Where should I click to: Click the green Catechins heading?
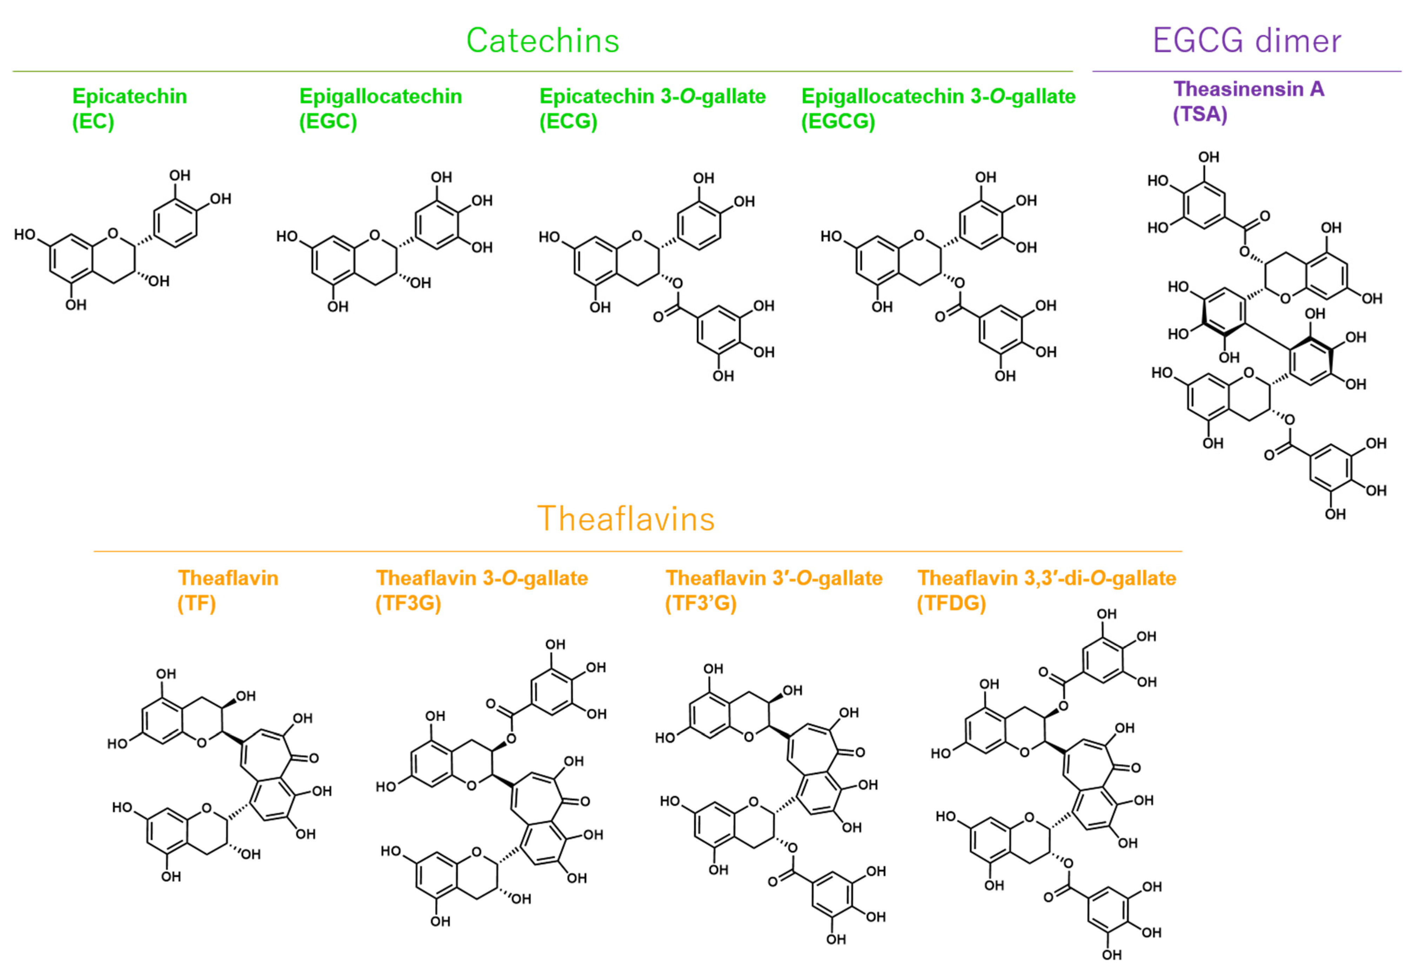[542, 41]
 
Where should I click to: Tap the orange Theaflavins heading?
[625, 519]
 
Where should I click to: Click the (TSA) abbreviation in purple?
[1200, 114]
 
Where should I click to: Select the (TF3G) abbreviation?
[408, 603]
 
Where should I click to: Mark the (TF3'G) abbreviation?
[701, 603]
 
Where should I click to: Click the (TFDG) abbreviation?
[951, 603]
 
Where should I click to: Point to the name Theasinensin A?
[1248, 89]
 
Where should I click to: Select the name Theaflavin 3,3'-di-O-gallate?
[1046, 578]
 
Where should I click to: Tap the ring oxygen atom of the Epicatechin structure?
[112, 233]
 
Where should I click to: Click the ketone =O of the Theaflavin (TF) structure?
[313, 758]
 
